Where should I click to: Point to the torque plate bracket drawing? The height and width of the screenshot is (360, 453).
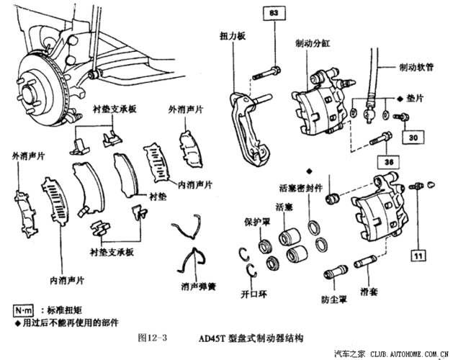point(248,122)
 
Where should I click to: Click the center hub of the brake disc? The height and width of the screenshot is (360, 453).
point(30,92)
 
